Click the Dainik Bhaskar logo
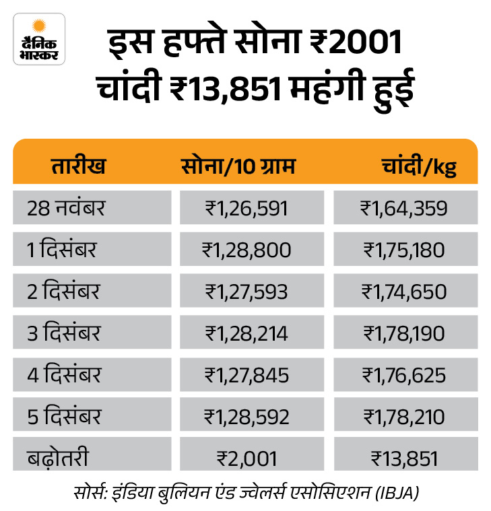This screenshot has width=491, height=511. (39, 39)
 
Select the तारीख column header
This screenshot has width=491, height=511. (79, 165)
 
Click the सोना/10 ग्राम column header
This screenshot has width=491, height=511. (238, 165)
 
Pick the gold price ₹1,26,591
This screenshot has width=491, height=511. (247, 207)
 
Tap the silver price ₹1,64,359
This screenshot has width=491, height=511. (404, 207)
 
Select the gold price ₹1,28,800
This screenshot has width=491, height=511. (247, 250)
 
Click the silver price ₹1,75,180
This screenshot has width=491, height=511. (404, 250)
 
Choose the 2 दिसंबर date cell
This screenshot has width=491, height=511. (63, 292)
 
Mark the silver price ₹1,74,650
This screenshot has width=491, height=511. (404, 292)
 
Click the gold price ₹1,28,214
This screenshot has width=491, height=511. (247, 333)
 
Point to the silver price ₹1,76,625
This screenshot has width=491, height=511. (404, 374)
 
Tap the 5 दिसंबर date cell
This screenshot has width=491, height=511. (63, 416)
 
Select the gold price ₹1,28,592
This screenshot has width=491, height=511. (247, 416)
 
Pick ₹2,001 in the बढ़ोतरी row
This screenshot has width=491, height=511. (247, 458)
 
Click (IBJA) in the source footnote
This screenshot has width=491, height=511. (397, 491)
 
